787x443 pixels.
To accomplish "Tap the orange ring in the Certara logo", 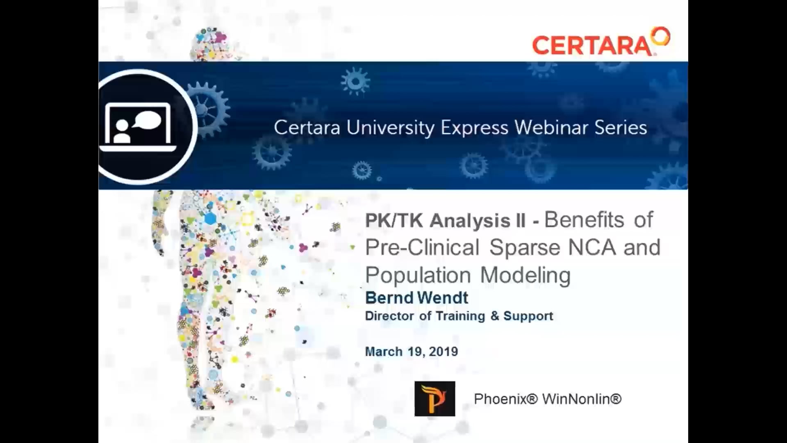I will coord(661,37).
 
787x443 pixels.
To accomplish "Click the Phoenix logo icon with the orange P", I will coord(434,399).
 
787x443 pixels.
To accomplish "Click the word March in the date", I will coord(384,352).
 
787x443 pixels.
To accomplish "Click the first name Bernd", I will coord(389,298).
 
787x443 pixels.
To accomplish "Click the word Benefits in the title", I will coord(584,220).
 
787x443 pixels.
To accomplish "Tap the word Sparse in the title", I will coord(525,247).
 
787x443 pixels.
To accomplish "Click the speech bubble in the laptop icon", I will coord(148,120).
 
